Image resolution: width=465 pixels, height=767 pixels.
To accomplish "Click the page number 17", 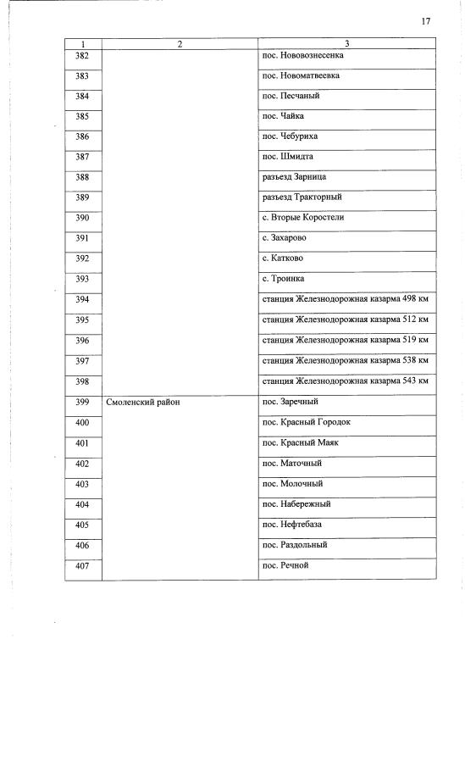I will coord(425,22).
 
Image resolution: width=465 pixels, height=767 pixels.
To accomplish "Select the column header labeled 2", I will coord(180,43).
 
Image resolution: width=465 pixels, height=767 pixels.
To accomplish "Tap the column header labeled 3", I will coord(347,43).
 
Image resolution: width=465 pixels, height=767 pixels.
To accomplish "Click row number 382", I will coord(82,56).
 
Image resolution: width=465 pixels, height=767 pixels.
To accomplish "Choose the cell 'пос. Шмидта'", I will coord(288,156).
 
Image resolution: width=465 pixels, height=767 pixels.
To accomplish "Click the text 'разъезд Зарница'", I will coord(294,177).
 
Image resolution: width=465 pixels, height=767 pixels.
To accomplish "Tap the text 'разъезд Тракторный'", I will coord(302,197).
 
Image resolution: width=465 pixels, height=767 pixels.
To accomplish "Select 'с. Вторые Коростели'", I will coord(303,218).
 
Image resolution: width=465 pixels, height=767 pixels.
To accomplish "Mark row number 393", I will coord(82,279).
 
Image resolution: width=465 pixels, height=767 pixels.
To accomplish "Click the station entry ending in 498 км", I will coord(346,299).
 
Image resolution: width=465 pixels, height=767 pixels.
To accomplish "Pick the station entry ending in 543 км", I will coord(346,381).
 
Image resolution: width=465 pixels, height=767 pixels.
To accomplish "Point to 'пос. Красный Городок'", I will coord(306,423).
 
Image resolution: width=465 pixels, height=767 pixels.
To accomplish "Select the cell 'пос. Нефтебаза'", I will coord(292,525).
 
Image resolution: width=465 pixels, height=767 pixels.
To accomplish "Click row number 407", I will coord(82,565).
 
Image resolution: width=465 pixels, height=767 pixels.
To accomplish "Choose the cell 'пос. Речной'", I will coord(285,565).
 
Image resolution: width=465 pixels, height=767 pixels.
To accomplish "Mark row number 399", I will coord(82,403).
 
